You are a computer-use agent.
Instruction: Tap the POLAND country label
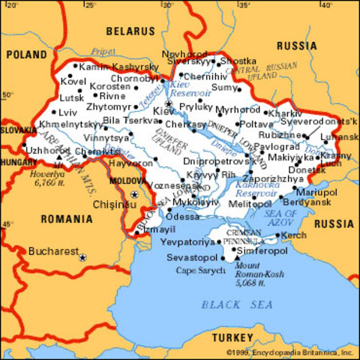(28, 55)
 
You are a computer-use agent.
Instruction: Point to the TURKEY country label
(232, 337)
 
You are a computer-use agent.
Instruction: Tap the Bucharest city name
(53, 252)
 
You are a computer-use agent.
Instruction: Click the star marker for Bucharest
(83, 257)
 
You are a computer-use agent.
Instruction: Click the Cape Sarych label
(196, 269)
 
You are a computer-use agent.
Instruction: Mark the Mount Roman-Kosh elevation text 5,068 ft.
(256, 284)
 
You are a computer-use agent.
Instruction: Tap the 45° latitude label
(8, 223)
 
